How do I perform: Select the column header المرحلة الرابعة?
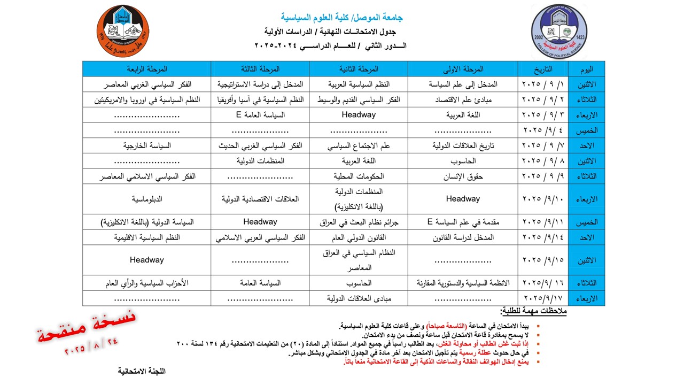point(147,69)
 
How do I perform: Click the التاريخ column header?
point(543,69)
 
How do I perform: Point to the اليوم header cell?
point(586,69)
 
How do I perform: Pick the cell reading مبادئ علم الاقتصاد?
point(463,99)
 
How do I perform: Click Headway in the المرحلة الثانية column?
point(359,114)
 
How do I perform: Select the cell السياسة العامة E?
point(260,114)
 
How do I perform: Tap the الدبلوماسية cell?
point(147,199)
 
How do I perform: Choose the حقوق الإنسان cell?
point(463,176)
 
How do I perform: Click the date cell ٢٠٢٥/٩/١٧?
point(543,298)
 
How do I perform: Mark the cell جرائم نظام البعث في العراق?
point(359,222)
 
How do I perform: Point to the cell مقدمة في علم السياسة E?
point(463,222)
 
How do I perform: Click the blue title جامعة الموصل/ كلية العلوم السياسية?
point(342,17)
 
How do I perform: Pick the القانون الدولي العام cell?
point(359,237)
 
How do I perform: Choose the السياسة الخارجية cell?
point(147,145)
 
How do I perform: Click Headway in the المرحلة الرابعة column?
point(147,260)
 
